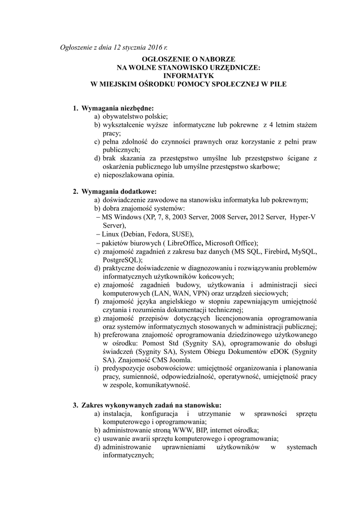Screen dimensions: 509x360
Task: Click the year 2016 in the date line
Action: coord(155,48)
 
